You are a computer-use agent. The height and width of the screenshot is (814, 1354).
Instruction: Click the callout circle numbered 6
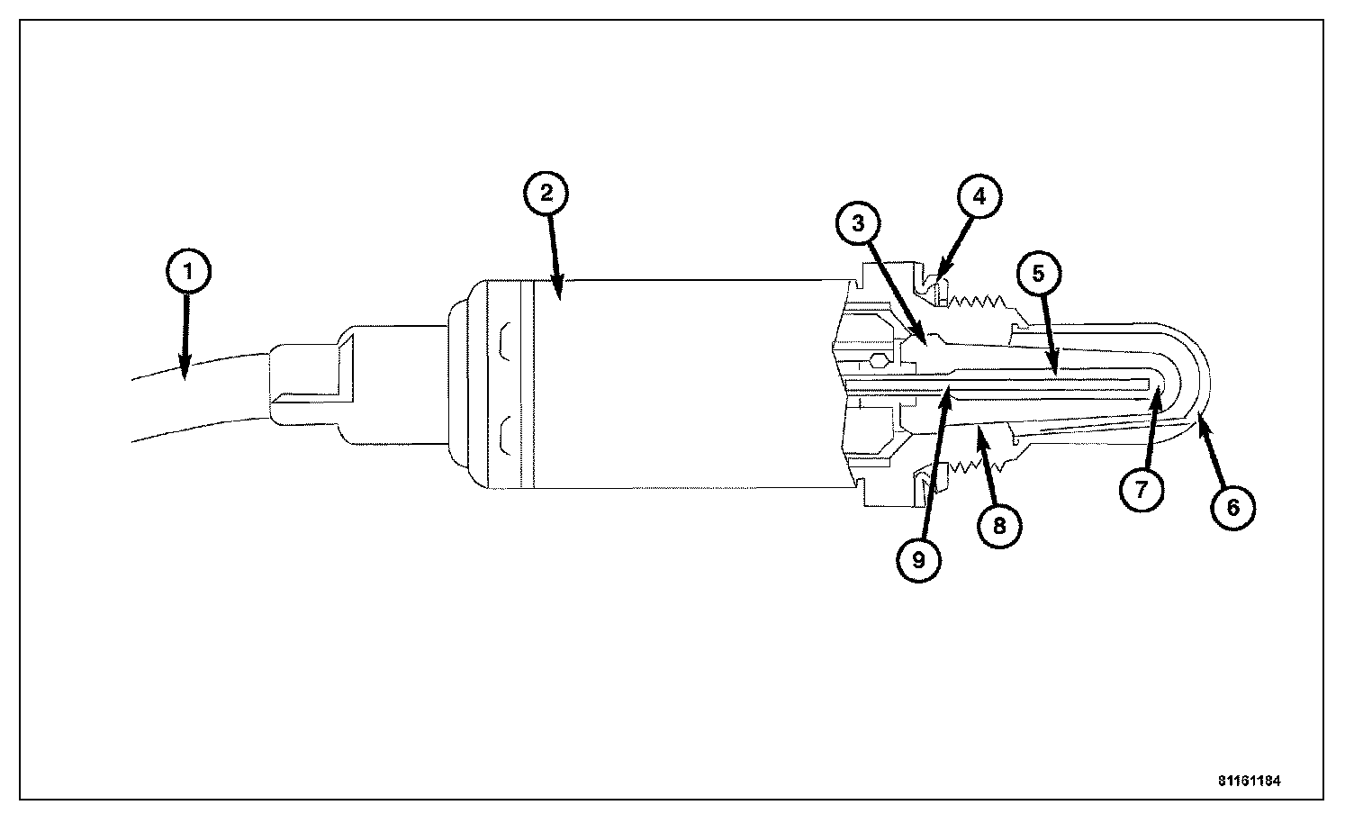(x=1232, y=507)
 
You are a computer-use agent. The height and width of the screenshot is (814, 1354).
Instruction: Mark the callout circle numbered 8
(x=999, y=523)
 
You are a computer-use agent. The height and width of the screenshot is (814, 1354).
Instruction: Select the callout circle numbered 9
(x=918, y=559)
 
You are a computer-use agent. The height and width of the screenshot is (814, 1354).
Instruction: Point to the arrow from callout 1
(x=185, y=333)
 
